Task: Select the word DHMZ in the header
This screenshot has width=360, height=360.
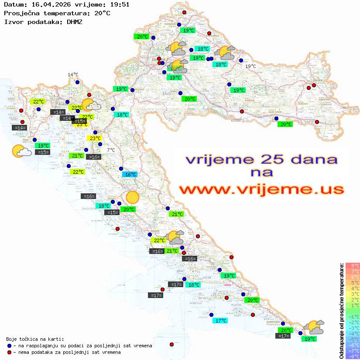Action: click(72, 21)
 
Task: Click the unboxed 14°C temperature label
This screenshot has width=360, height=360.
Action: click(73, 75)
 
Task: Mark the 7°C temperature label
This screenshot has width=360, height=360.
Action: click(111, 150)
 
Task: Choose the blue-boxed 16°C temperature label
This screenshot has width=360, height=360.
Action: click(130, 175)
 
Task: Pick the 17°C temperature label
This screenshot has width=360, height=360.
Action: click(220, 320)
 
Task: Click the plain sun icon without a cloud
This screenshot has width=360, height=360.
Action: click(132, 197)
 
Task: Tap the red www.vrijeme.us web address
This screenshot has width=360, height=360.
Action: click(261, 190)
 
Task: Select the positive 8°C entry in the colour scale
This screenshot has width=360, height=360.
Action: click(353, 265)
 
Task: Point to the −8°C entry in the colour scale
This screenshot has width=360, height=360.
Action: click(353, 356)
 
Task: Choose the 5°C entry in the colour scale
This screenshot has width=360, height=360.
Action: click(353, 282)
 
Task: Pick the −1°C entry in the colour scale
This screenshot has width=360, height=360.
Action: click(353, 316)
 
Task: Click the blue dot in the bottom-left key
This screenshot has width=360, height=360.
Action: click(10, 346)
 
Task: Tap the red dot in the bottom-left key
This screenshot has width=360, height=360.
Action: click(10, 352)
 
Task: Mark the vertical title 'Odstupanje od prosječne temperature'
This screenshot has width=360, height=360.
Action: click(341, 311)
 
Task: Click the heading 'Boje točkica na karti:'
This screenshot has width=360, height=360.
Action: click(35, 339)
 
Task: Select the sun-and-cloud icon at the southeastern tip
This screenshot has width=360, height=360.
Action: click(314, 327)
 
